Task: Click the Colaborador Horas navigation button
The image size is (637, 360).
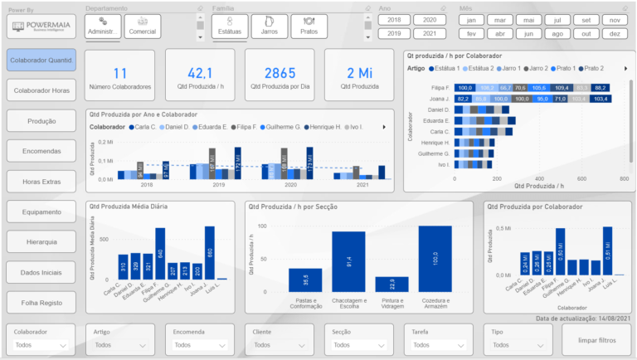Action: coord(41,90)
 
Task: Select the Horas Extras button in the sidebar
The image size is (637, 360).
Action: coord(41,181)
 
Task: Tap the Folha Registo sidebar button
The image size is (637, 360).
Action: coord(41,302)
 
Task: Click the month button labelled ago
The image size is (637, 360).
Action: coord(557,33)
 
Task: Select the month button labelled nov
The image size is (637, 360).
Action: coord(614,19)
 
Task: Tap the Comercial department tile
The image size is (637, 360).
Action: coord(142,26)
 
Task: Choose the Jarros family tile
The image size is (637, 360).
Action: coord(269,26)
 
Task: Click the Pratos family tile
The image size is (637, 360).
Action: coord(309,26)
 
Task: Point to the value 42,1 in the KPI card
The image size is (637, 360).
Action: coord(201,74)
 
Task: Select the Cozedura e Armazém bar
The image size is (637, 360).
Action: coord(446,258)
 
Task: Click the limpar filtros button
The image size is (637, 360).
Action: coord(596,339)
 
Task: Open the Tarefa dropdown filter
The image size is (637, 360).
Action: coord(437,344)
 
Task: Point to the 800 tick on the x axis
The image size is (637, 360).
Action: coord(624,178)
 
